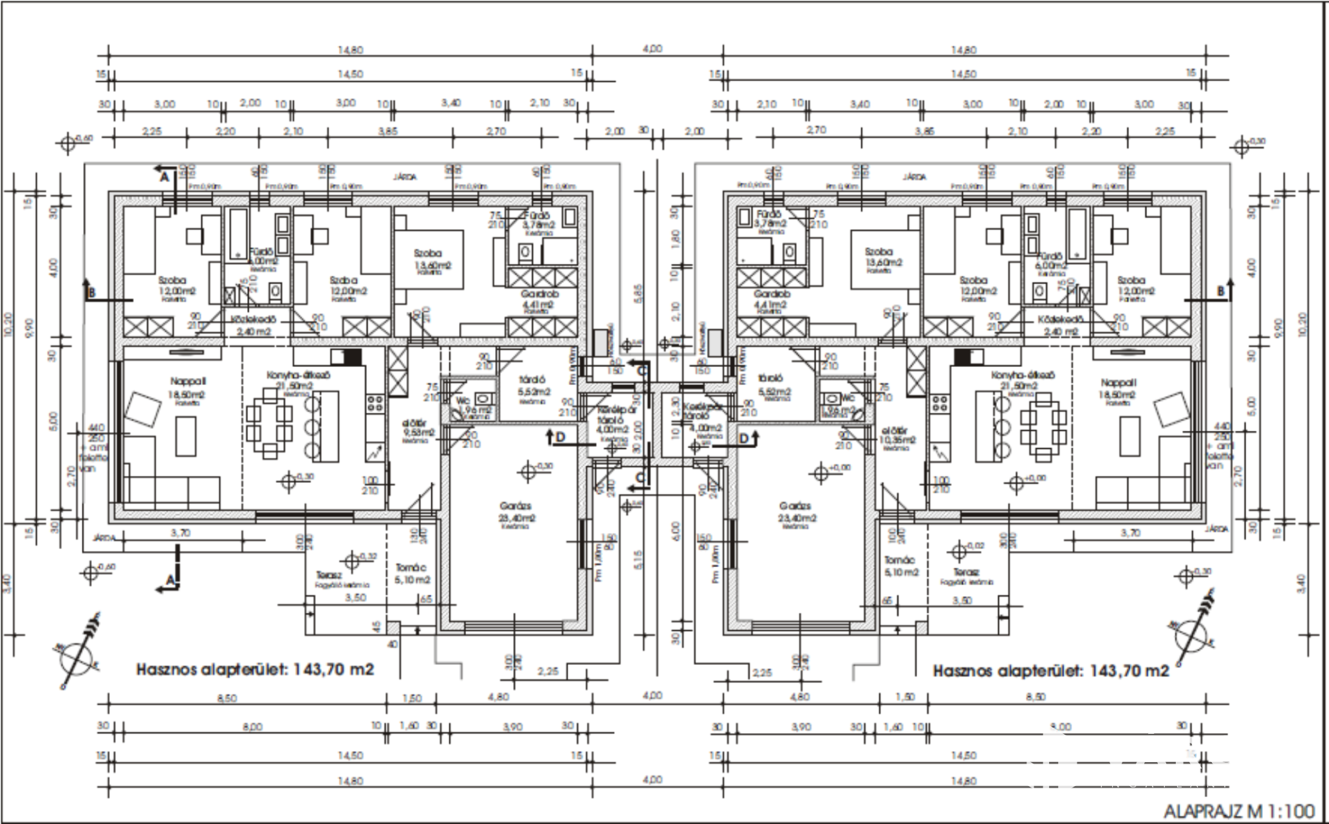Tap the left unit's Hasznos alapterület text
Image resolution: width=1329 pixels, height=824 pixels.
tap(255, 669)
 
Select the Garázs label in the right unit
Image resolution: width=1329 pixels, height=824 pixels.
tap(795, 506)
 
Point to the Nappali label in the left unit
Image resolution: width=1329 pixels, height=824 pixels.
tap(188, 381)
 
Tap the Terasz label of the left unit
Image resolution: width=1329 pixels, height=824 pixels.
tap(329, 575)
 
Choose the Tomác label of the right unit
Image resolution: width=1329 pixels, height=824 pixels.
tap(900, 561)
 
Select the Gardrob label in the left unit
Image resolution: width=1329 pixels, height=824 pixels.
tap(539, 294)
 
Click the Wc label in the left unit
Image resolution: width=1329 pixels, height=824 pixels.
tap(463, 400)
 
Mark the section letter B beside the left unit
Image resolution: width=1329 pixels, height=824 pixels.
tap(91, 294)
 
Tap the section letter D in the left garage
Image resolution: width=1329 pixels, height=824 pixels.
tap(560, 438)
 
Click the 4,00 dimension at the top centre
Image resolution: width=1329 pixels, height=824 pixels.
tap(652, 48)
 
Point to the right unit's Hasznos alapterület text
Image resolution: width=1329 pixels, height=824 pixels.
tap(1050, 670)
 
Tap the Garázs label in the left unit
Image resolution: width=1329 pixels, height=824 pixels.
tap(516, 506)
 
